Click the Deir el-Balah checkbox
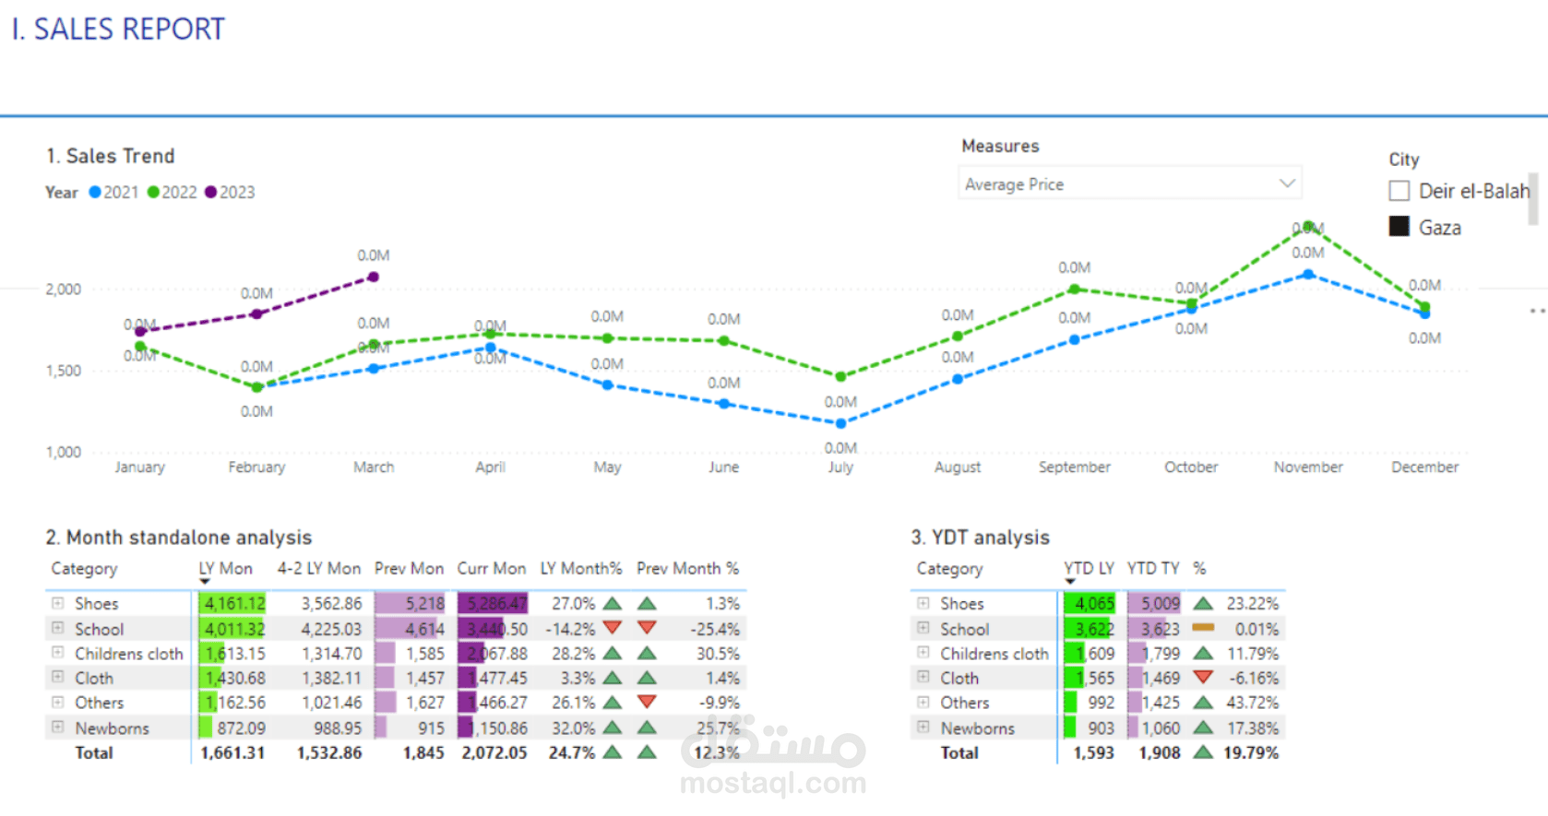click(1399, 191)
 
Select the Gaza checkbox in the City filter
click(1399, 227)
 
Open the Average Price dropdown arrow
click(1287, 183)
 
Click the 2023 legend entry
click(230, 192)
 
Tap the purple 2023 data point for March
click(373, 277)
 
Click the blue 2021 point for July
click(840, 423)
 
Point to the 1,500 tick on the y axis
click(64, 371)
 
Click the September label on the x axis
click(1074, 467)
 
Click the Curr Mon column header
click(491, 569)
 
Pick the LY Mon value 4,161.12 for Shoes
click(234, 604)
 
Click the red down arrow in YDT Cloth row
click(1202, 678)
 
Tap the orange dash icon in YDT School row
click(1202, 628)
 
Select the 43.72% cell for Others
click(1252, 703)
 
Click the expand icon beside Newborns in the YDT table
click(923, 727)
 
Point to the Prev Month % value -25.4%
click(715, 629)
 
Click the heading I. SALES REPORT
click(118, 30)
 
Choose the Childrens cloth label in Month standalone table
click(128, 654)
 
